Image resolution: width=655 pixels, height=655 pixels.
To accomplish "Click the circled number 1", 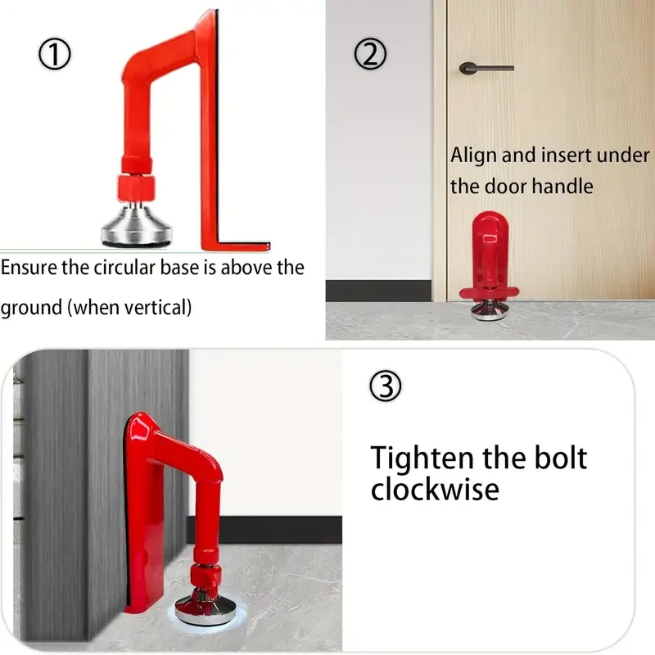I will tap(55, 54).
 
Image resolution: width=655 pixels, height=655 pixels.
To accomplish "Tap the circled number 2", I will tap(369, 54).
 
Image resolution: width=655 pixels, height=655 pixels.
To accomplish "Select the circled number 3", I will tap(386, 386).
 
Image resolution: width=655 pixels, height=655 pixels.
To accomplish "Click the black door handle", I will tap(486, 67).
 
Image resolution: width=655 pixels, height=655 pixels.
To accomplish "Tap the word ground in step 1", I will tap(30, 309).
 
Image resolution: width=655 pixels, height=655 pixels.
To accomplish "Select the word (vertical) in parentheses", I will tap(165, 308).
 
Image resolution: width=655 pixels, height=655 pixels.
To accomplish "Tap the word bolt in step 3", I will tap(559, 458).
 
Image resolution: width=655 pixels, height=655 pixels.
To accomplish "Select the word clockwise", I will tap(434, 489).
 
